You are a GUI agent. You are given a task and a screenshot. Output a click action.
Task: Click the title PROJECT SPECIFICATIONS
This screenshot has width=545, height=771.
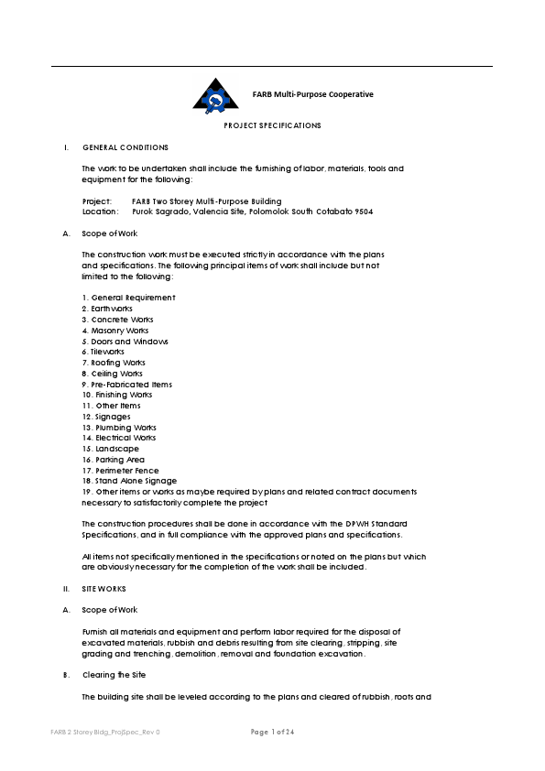[x=272, y=125]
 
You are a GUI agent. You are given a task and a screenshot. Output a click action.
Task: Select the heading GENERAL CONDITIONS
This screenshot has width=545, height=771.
[x=125, y=147]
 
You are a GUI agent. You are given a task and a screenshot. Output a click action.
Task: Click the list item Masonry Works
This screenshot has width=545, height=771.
[x=114, y=331]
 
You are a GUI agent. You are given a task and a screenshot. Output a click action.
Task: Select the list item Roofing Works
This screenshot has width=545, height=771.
[x=114, y=363]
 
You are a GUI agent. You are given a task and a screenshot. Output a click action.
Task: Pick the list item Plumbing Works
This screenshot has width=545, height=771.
[x=119, y=428]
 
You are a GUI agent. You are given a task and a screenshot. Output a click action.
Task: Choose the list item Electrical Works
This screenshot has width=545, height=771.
[x=119, y=439]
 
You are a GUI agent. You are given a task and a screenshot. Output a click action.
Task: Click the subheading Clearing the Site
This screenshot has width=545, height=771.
[x=117, y=675]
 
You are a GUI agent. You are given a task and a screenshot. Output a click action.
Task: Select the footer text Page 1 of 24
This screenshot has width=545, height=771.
[x=272, y=732]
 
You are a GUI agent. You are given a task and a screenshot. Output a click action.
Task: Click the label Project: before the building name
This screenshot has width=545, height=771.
[x=97, y=201]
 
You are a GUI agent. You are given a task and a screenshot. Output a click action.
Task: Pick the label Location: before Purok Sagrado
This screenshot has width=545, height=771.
[x=100, y=212]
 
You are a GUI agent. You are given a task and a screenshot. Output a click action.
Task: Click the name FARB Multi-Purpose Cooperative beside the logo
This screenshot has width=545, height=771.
[x=312, y=94]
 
